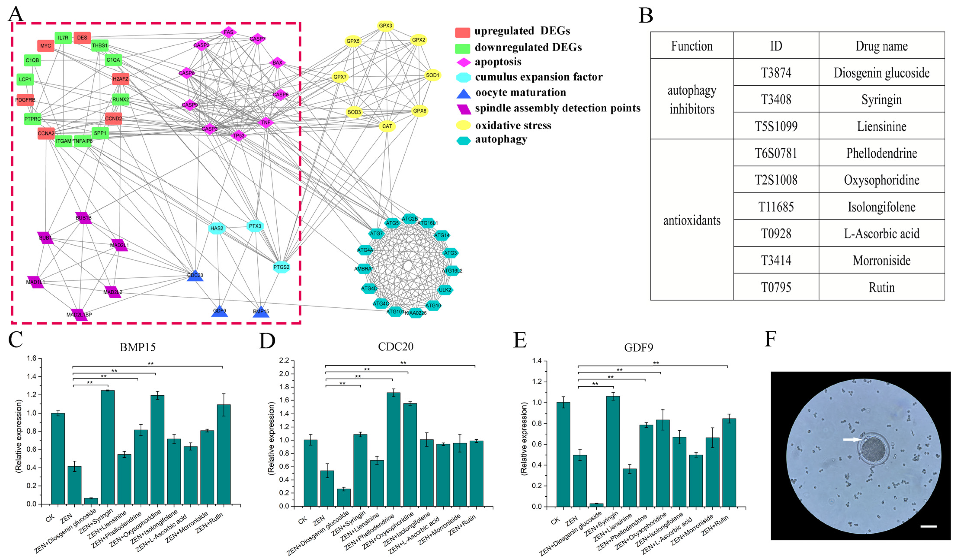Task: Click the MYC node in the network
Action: [x=46, y=46]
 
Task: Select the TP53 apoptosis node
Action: [x=239, y=135]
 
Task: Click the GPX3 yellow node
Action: [x=385, y=26]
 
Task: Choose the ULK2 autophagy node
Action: [x=445, y=290]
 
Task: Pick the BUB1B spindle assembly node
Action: [x=83, y=218]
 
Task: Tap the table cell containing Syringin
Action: [x=881, y=99]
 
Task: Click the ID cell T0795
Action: [x=776, y=287]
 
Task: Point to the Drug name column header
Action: [x=881, y=46]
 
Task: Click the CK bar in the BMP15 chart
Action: [x=58, y=458]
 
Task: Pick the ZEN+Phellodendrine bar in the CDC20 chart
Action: [x=393, y=449]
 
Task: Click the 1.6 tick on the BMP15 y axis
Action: [x=32, y=358]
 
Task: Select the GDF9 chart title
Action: [x=639, y=347]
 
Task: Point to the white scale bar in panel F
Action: [x=928, y=526]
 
